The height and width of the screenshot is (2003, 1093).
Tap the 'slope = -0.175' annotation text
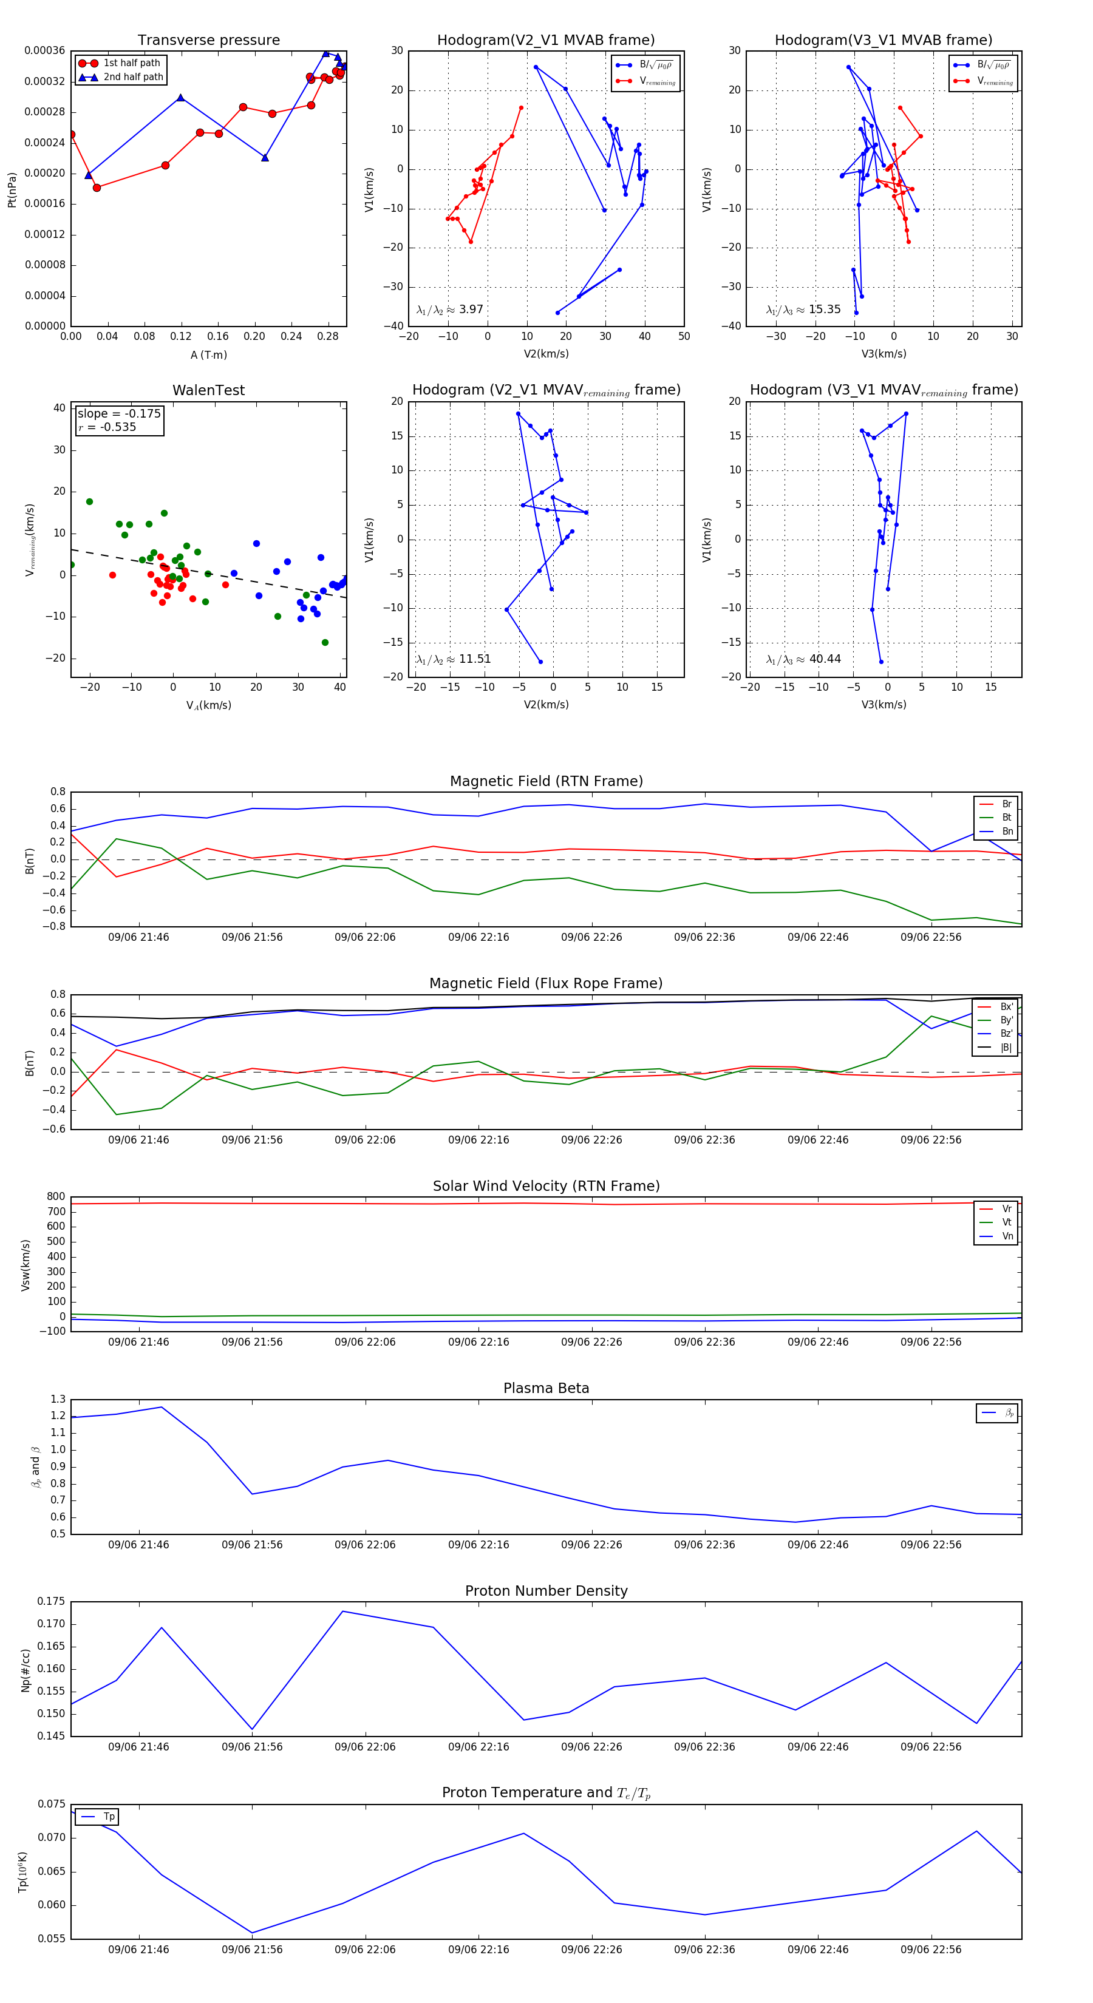119,414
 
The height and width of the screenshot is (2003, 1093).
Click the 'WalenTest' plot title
208,390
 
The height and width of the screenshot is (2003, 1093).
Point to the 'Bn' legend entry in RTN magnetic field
1007,831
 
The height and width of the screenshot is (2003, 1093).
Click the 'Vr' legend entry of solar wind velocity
1007,1209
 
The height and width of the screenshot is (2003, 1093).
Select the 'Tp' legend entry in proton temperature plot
109,1817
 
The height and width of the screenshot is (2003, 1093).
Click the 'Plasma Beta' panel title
546,1389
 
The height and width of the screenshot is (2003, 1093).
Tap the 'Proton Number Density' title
546,1591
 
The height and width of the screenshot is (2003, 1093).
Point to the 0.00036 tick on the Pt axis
44,50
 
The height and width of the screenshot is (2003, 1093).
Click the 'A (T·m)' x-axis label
208,355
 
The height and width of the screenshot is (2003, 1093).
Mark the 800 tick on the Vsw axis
56,1197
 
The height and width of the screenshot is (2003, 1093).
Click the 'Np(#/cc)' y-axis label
26,1670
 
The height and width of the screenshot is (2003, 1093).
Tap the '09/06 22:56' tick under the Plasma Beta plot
930,1545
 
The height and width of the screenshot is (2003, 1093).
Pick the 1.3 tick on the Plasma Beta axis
58,1400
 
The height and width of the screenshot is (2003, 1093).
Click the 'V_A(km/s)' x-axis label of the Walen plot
208,706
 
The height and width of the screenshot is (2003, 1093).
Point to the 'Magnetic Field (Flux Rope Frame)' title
546,984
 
